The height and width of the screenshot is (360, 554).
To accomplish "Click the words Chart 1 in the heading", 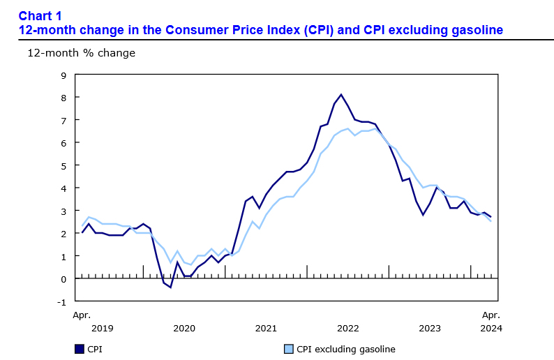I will pos(40,15).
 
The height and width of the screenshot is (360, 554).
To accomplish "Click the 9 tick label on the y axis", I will pos(63,75).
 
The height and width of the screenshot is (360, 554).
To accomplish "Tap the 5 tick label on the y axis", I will pos(63,165).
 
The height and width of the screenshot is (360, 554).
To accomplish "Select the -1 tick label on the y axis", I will pos(61,301).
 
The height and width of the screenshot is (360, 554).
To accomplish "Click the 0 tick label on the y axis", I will pos(63,279).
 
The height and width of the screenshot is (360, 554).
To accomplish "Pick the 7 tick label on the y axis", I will pos(63,121).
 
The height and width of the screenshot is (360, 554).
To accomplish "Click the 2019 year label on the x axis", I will pos(102,328).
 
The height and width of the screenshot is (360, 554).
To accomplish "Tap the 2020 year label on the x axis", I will pos(184,328).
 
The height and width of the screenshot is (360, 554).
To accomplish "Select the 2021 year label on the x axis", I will pos(266,328).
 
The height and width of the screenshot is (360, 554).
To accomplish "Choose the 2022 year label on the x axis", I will pos(347,328).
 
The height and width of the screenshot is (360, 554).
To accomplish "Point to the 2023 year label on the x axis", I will pos(430,328).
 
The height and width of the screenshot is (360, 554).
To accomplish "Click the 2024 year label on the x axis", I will pos(491,328).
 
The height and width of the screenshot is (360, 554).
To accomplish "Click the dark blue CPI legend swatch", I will pos(79,349).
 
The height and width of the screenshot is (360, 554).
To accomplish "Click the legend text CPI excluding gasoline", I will pos(346,349).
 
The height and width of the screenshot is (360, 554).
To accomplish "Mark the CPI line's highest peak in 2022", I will pos(340,95).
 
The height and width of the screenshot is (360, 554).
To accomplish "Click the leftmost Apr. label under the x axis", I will pos(82,315).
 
